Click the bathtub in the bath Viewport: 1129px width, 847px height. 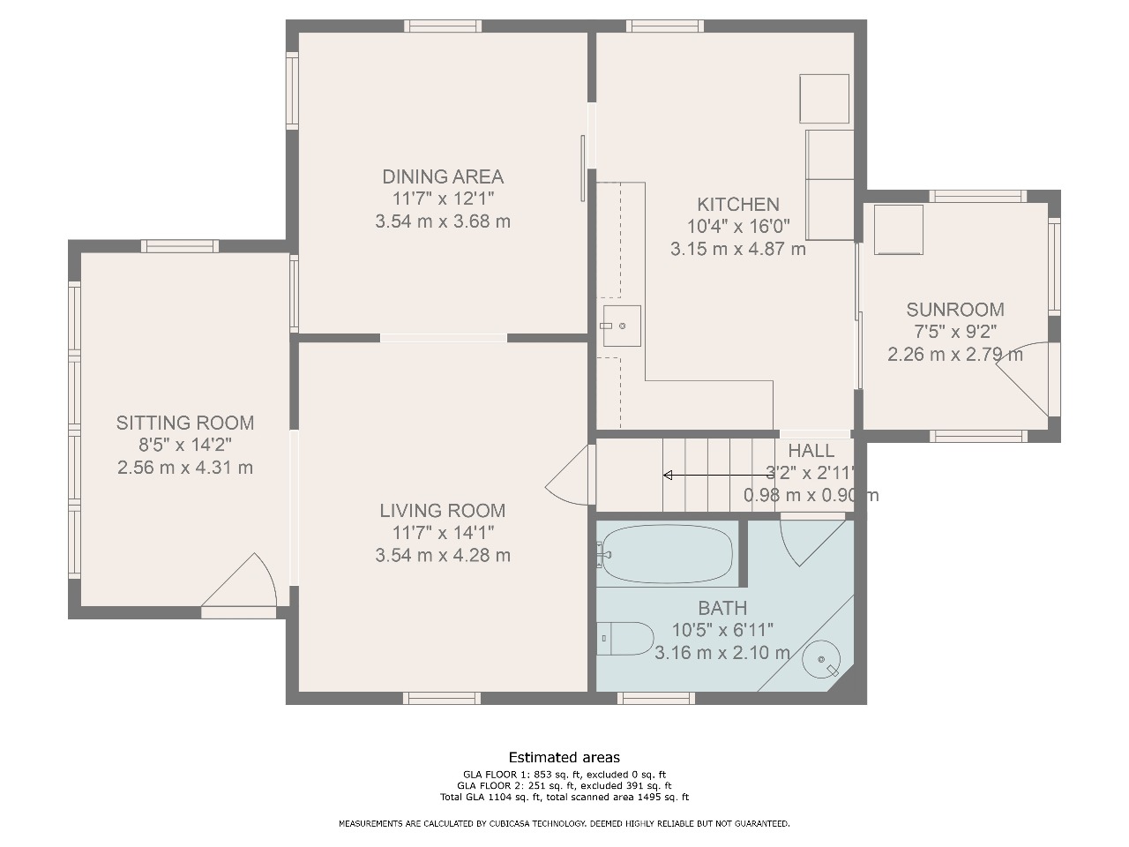667,553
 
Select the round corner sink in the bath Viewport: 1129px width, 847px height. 821,659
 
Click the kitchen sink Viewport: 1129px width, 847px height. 622,326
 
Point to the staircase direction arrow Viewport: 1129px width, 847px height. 719,476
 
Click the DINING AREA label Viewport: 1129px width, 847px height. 443,177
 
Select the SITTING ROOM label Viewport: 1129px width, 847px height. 185,423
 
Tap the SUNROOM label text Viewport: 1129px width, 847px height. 955,310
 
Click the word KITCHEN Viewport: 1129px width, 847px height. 738,205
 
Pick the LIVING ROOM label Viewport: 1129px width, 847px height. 443,511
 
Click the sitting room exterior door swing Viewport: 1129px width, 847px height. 240,581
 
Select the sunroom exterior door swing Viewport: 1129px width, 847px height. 1022,379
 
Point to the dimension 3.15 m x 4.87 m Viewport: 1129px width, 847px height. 738,249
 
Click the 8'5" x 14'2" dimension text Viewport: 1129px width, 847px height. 185,445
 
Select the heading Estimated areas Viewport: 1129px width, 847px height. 564,758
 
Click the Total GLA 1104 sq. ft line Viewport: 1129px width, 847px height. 564,797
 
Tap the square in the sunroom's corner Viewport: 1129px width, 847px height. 899,230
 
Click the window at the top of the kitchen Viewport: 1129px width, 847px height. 665,26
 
